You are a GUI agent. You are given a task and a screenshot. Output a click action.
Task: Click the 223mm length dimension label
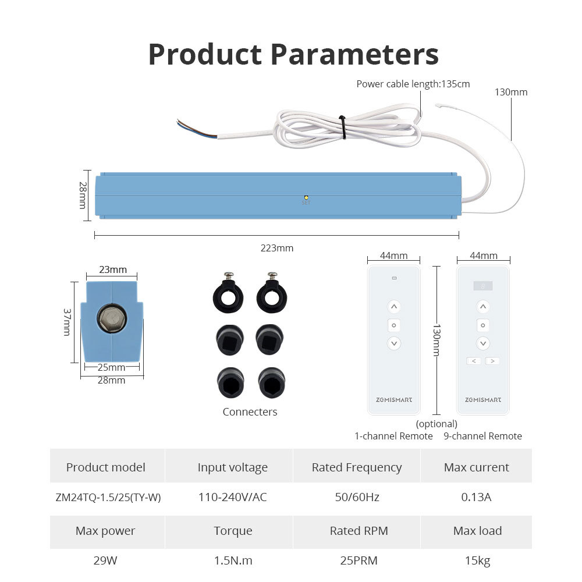(x=277, y=248)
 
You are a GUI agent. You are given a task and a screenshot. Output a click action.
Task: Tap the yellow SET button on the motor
(x=306, y=198)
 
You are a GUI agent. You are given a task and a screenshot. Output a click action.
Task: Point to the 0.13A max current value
(x=476, y=498)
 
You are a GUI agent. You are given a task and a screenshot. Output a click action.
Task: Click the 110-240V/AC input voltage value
(x=232, y=498)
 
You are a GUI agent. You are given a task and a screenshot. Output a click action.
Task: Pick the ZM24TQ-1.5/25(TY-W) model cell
(x=108, y=498)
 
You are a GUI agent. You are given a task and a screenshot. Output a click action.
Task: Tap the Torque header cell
(x=233, y=531)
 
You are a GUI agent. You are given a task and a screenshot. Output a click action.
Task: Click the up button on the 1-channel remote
(x=394, y=307)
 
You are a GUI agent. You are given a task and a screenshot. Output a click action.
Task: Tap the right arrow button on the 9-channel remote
(x=492, y=361)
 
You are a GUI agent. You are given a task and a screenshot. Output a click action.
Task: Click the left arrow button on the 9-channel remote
(x=473, y=361)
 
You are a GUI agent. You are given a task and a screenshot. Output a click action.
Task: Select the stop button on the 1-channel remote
(x=394, y=325)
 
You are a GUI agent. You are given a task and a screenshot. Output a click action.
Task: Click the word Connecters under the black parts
(x=250, y=412)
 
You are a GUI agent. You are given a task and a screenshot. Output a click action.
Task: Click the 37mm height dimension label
(x=66, y=322)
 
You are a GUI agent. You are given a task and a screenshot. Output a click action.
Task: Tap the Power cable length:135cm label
(x=413, y=84)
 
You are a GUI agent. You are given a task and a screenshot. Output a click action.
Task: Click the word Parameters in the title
(x=354, y=54)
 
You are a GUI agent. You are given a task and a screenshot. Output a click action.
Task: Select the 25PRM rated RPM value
(x=359, y=561)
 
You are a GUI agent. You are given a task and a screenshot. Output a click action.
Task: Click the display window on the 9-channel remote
(x=482, y=286)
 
